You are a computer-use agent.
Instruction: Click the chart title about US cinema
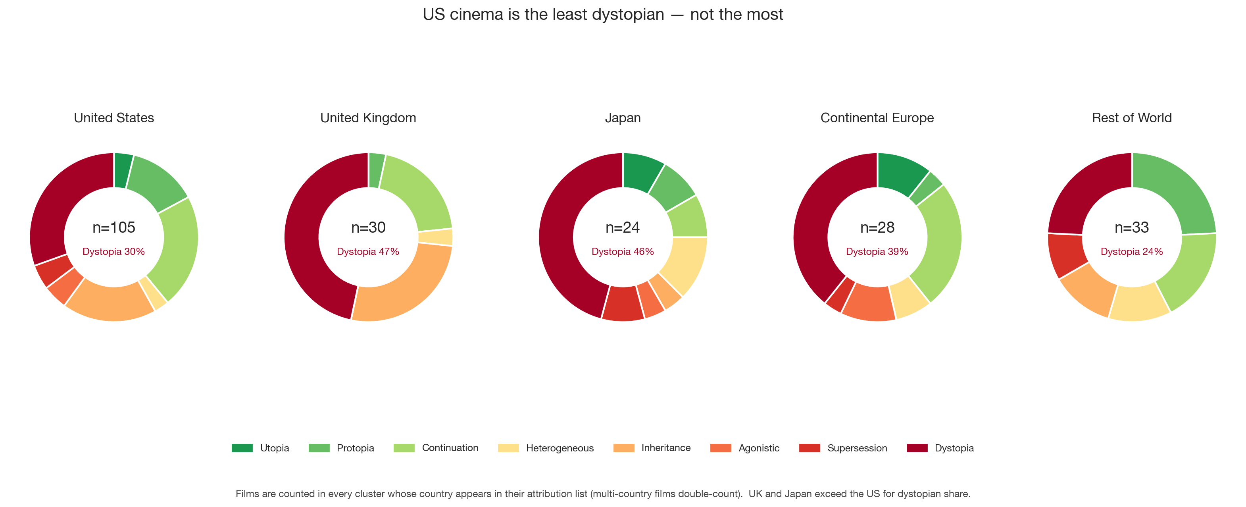(x=603, y=15)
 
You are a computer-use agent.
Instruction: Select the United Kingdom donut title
(x=368, y=118)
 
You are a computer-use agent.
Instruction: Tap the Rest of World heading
(x=1132, y=118)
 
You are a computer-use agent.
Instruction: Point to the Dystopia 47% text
(x=368, y=252)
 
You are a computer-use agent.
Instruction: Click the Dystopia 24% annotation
(x=1132, y=252)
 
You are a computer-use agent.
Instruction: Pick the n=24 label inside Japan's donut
(x=623, y=227)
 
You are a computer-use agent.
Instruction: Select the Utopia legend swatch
(x=242, y=448)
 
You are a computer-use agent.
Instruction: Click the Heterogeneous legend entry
(x=546, y=448)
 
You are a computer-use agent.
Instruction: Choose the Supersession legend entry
(x=843, y=448)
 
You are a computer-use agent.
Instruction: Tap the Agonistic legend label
(x=759, y=448)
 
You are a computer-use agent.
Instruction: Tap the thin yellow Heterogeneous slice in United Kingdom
(x=435, y=237)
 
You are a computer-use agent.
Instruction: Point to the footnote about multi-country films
(x=603, y=494)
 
